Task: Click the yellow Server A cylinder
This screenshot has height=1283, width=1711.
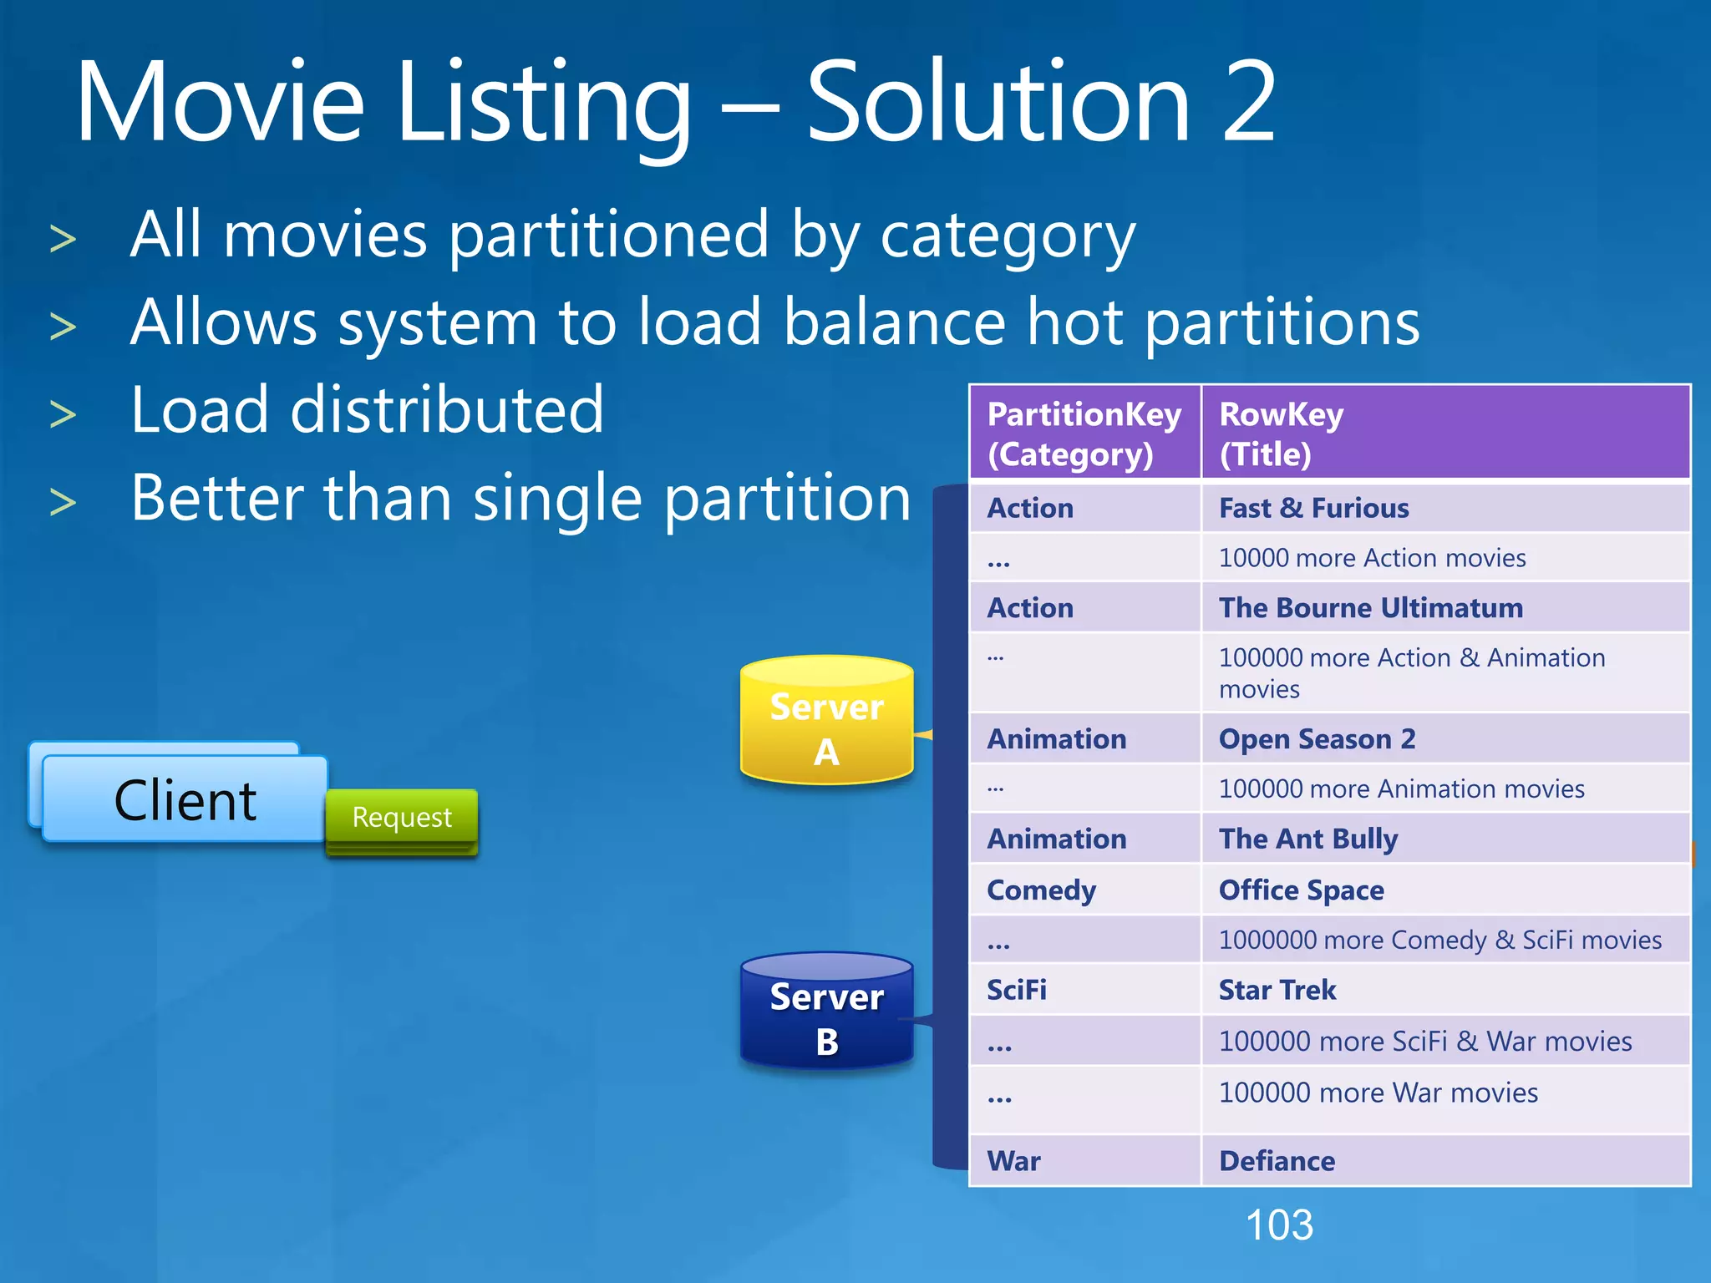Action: [826, 722]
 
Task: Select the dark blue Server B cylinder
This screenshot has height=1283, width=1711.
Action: [826, 1012]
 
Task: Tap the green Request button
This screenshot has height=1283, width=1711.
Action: [402, 817]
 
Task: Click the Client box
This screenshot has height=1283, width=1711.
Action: [185, 799]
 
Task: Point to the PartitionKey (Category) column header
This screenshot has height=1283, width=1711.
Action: [1084, 434]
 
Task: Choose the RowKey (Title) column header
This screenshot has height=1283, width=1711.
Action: [1445, 434]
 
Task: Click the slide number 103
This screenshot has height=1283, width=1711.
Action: [1279, 1225]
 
